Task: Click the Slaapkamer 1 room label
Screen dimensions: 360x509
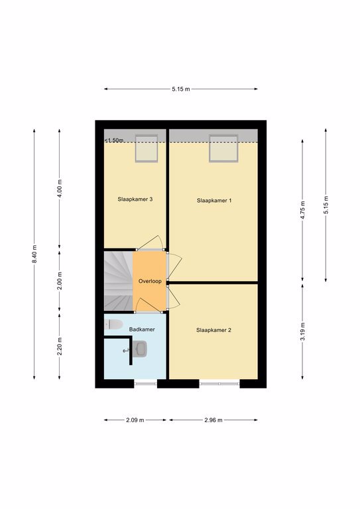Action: pyautogui.click(x=214, y=201)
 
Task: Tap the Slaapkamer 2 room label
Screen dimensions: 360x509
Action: pyautogui.click(x=213, y=330)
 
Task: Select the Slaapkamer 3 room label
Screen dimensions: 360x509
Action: pyautogui.click(x=135, y=199)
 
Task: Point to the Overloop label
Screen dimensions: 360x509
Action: pyautogui.click(x=150, y=281)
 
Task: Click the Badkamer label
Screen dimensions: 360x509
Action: pyautogui.click(x=142, y=329)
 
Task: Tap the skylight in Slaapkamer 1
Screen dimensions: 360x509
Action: pyautogui.click(x=223, y=148)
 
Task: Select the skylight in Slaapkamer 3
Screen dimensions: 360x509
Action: pyautogui.click(x=147, y=148)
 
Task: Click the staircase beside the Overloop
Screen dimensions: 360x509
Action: pyautogui.click(x=119, y=281)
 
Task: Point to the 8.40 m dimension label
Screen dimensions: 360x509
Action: pyautogui.click(x=34, y=254)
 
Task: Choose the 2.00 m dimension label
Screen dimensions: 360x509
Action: pyautogui.click(x=60, y=281)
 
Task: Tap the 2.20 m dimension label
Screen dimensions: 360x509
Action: pyautogui.click(x=60, y=346)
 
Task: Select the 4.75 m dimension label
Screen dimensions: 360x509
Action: pyautogui.click(x=302, y=210)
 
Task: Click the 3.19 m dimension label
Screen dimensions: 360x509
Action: pyautogui.click(x=302, y=331)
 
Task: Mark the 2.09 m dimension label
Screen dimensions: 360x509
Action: pyautogui.click(x=135, y=420)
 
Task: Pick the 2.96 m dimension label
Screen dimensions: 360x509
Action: pyautogui.click(x=213, y=420)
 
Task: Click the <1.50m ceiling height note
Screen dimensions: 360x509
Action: pyautogui.click(x=114, y=141)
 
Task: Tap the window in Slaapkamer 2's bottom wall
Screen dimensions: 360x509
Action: pyautogui.click(x=219, y=384)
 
